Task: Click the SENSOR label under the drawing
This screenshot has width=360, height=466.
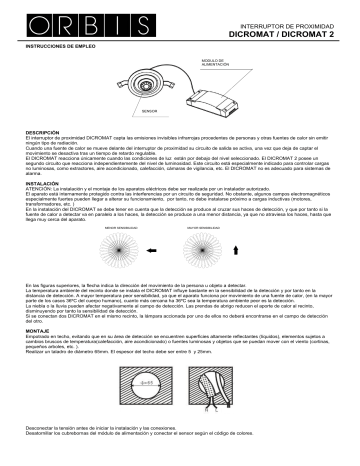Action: point(150,110)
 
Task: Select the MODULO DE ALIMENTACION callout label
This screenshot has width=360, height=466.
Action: point(221,62)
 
